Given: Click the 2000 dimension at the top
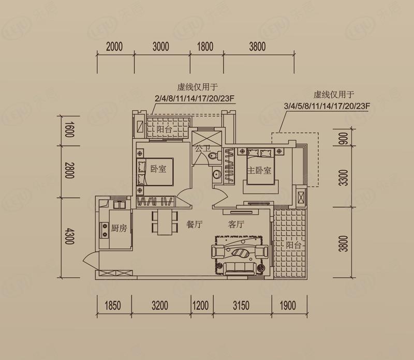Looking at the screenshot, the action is [x=114, y=47].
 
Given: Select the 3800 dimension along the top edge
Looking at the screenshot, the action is [x=257, y=47].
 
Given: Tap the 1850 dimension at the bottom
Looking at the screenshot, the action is [x=113, y=305].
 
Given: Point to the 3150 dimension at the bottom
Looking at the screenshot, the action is [x=241, y=305].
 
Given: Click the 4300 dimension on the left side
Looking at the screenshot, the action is [x=69, y=236].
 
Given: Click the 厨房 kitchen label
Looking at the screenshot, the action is [x=119, y=228].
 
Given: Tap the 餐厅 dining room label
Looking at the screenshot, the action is [x=195, y=224].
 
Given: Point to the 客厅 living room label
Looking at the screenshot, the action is [x=236, y=224].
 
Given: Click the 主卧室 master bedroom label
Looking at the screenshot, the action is [x=259, y=170].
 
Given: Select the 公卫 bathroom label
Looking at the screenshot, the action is [x=202, y=148].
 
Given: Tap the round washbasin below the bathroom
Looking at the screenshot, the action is [x=217, y=174].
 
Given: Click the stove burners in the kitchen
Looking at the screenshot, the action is [x=105, y=230].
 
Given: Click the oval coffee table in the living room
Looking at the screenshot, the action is [x=240, y=253].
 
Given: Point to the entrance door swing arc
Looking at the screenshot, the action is [x=88, y=260].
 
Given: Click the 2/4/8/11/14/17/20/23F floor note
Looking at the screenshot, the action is [x=195, y=98].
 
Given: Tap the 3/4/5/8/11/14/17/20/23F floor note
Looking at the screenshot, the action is [x=327, y=106].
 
